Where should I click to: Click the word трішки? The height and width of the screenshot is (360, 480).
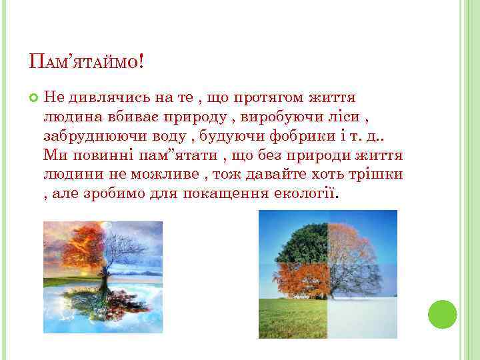coord(375,175)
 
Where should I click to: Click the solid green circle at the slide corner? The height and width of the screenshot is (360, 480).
coord(442,314)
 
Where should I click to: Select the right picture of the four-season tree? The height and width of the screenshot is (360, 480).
coord(327,273)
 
